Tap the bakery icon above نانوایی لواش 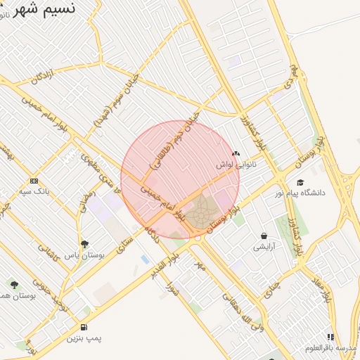236,153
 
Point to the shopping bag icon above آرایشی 264,236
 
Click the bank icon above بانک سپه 34,181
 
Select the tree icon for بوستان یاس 84,244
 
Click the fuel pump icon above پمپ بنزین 84,327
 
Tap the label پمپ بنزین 84,338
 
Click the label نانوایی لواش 236,164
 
